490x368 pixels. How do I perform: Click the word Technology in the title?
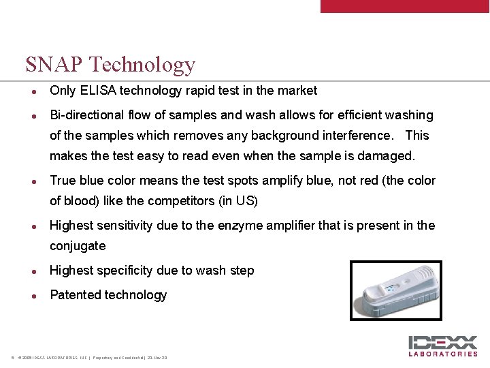(142, 65)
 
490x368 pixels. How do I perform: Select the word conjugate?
(78, 246)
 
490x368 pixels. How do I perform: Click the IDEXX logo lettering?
(443, 342)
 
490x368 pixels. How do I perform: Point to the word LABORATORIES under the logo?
(443, 354)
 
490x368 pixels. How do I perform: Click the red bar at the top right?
(404, 5)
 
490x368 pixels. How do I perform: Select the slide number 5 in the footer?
(13, 358)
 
